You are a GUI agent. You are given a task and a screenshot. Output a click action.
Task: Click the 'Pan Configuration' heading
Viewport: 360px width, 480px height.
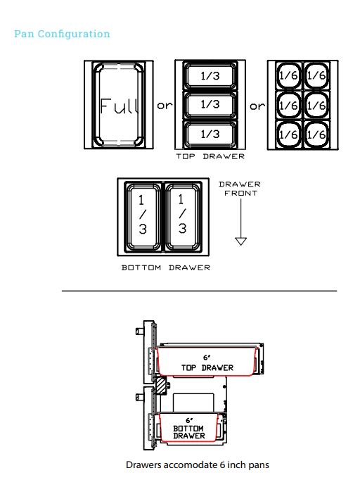tap(62, 34)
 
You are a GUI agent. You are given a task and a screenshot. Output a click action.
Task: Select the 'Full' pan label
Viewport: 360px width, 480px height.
tap(119, 106)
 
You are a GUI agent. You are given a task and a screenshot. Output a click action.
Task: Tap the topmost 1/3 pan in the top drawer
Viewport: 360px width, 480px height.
tap(210, 76)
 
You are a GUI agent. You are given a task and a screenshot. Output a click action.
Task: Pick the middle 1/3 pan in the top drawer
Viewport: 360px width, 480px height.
tap(210, 104)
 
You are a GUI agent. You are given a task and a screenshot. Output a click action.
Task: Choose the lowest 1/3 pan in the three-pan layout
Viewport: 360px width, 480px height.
tap(210, 134)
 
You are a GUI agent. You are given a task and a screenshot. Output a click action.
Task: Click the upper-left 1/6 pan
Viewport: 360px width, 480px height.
tap(288, 75)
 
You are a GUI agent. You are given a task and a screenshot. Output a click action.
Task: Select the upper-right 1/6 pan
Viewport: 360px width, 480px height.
tap(316, 75)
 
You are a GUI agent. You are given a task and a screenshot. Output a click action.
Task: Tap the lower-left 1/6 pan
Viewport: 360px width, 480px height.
tap(288, 134)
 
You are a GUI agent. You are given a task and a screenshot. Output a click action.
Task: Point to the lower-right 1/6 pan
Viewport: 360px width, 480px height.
tap(316, 134)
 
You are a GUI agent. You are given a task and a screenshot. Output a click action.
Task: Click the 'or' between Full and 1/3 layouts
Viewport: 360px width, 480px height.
tap(165, 106)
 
